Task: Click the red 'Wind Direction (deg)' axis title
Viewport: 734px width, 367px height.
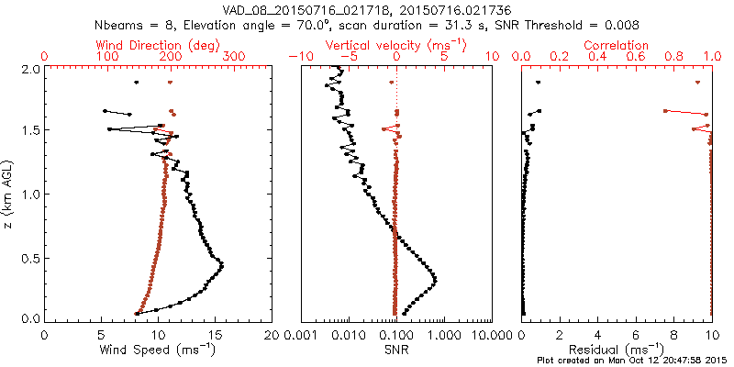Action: (159, 45)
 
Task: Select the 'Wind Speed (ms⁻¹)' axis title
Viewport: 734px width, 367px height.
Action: (159, 350)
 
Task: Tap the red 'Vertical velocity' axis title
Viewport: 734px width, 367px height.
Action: (396, 45)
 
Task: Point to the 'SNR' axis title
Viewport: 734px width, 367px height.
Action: (396, 350)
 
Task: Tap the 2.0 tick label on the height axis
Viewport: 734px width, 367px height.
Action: (30, 69)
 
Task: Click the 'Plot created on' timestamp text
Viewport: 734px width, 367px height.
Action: (633, 360)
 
